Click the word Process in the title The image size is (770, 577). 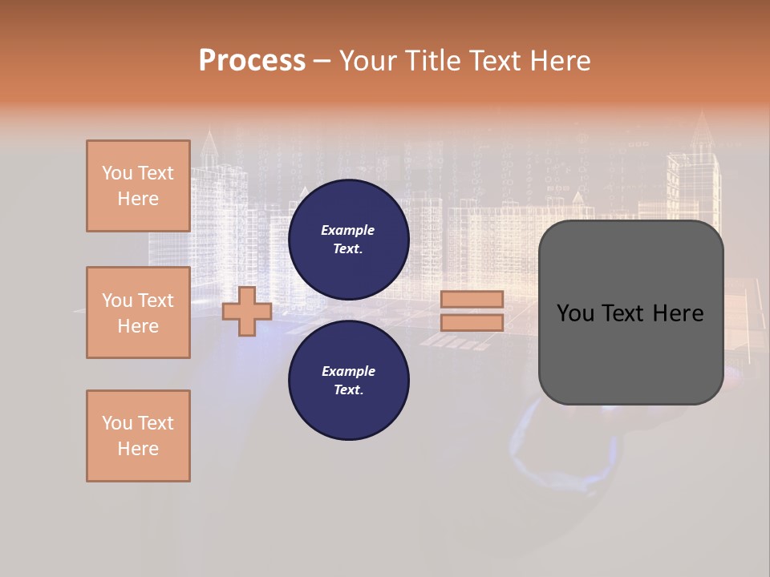coord(252,61)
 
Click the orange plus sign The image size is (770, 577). coord(247,311)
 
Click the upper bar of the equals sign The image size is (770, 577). coord(472,299)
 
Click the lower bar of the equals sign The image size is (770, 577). coord(472,322)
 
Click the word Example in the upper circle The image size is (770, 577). coord(348,230)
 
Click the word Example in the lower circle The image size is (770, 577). coord(348,371)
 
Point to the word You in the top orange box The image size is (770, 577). coord(117,173)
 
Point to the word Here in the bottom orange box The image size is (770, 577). coord(138,449)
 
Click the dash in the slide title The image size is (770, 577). coord(322,61)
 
